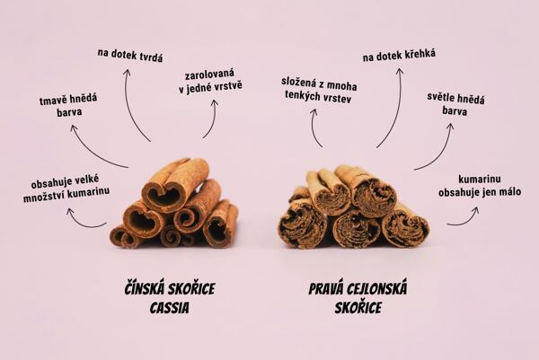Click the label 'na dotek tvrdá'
click(x=130, y=56)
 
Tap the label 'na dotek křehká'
click(x=399, y=55)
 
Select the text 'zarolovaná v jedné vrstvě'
click(x=210, y=82)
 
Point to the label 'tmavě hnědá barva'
click(x=68, y=105)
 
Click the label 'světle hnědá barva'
click(x=455, y=104)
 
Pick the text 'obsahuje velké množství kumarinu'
click(x=66, y=189)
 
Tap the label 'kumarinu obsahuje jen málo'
click(x=480, y=186)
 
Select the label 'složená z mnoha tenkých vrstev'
click(x=319, y=91)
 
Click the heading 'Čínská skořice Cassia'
click(x=170, y=297)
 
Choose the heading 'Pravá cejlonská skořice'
click(x=358, y=297)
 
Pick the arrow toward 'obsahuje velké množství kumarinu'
click(x=84, y=222)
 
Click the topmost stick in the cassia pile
click(x=175, y=184)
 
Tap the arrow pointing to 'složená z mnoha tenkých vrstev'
click(x=314, y=127)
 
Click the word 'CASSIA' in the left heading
click(x=170, y=307)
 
